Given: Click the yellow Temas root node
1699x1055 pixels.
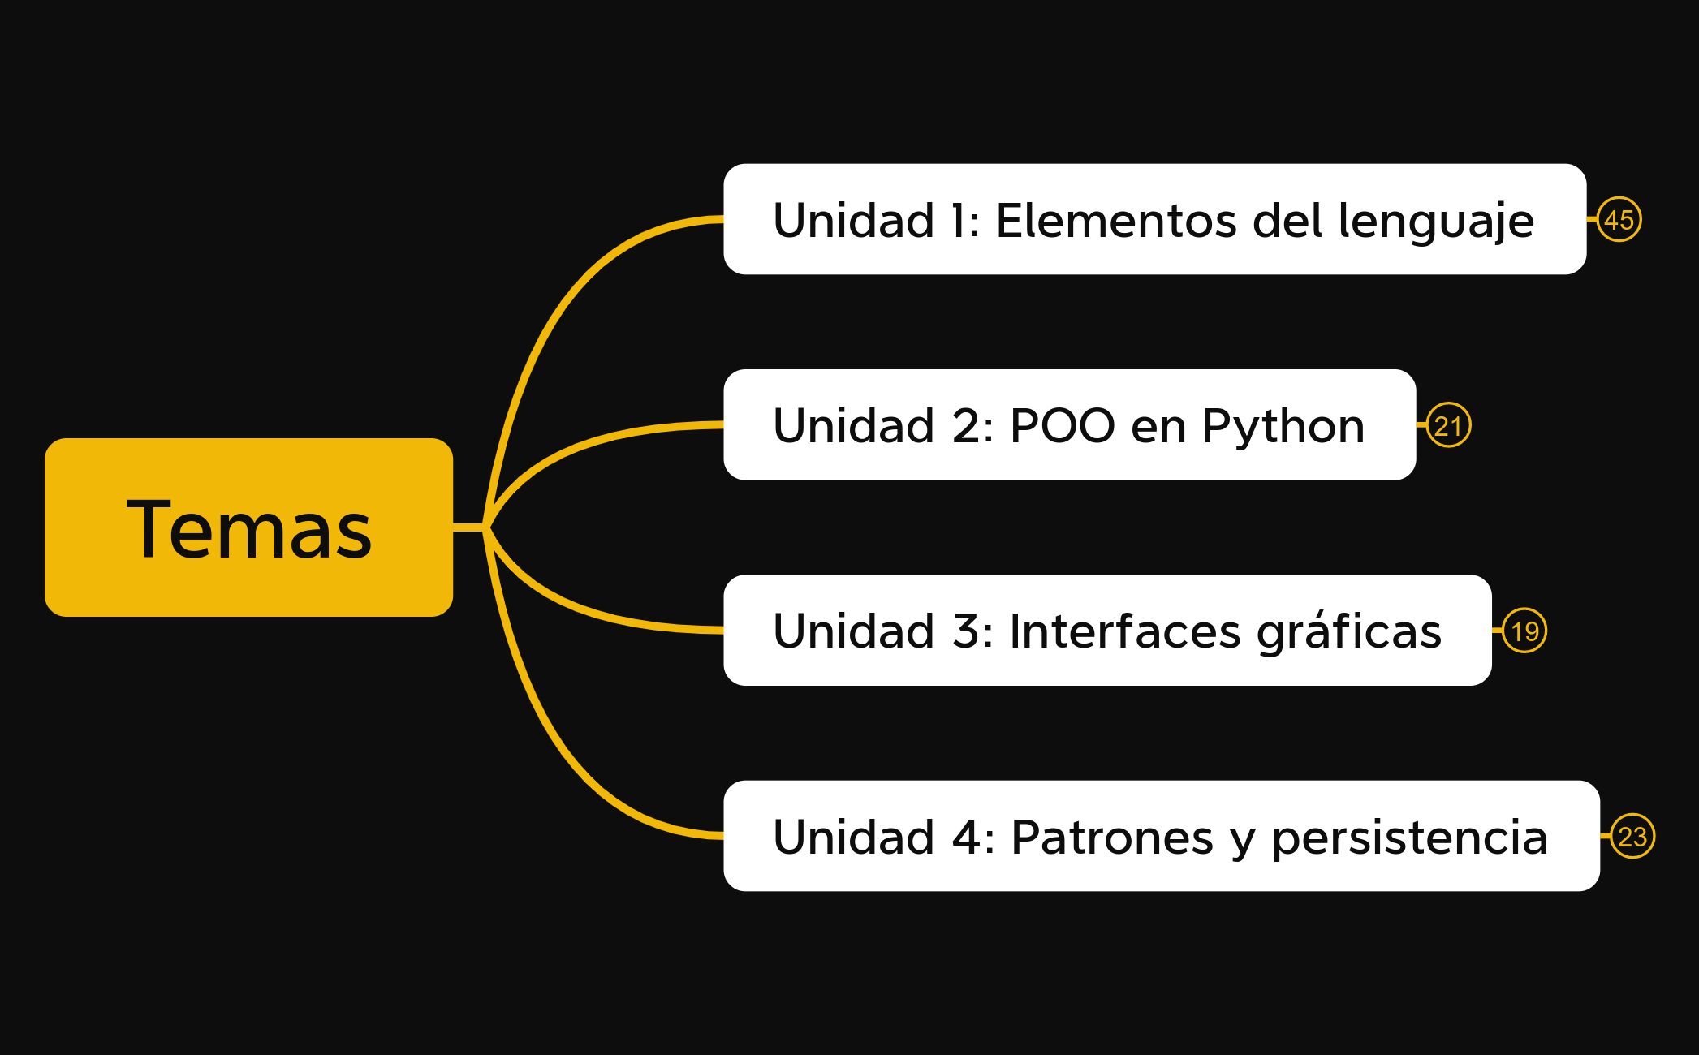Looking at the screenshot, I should (248, 527).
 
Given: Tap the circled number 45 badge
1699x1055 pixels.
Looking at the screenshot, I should (1619, 220).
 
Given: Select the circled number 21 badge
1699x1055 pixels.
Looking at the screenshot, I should (1448, 425).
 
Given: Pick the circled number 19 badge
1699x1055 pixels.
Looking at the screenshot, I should (1524, 631).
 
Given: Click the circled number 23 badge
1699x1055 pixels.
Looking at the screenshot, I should (1632, 836).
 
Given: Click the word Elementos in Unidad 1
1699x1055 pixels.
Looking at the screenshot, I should (1116, 221).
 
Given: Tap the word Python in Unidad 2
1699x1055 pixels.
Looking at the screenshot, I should (1283, 427).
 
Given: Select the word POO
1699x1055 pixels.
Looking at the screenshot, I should (1062, 426).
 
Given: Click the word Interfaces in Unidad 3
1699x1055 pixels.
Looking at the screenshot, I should (1124, 631).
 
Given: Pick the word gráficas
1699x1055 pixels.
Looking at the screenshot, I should (1348, 632).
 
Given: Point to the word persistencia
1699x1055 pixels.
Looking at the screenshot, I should (1409, 838).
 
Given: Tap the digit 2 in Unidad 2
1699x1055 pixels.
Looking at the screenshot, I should (966, 426).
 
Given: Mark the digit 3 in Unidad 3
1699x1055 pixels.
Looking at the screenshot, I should (966, 631).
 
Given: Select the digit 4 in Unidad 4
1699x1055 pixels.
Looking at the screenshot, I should (967, 837).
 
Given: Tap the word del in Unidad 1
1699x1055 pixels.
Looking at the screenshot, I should (1287, 221).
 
